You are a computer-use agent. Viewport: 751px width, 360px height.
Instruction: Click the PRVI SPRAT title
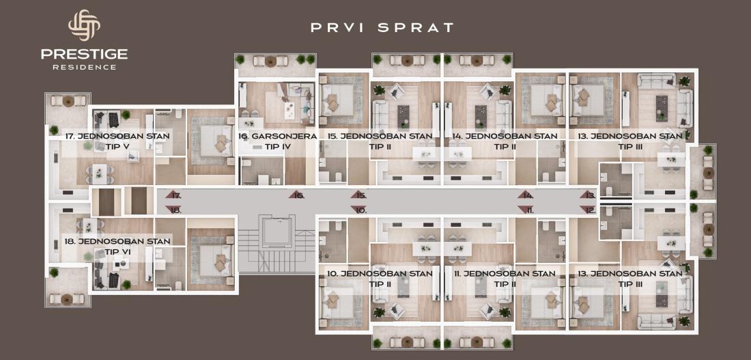(x=382, y=28)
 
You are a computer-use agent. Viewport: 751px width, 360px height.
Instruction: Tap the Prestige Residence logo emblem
(x=84, y=25)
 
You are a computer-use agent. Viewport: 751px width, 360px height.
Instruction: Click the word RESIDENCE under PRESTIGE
(x=84, y=67)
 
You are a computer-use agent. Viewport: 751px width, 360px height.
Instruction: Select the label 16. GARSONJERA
(x=277, y=136)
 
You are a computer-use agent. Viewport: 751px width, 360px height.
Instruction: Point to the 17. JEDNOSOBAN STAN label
(x=117, y=136)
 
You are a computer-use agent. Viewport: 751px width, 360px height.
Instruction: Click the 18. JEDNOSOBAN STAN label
(x=117, y=241)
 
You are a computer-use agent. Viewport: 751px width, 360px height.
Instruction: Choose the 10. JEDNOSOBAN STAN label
(x=380, y=274)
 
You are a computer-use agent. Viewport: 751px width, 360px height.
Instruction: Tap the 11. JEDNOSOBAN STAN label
(x=503, y=274)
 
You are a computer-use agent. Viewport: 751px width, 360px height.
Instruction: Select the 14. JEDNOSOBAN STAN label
(x=505, y=136)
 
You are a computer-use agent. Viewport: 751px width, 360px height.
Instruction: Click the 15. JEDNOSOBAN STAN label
(x=380, y=136)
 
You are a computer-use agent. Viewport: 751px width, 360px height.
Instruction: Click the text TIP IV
(x=277, y=147)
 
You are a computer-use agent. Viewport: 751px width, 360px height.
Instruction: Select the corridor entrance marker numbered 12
(x=588, y=210)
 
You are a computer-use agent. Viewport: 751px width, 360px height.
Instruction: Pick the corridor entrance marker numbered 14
(x=526, y=195)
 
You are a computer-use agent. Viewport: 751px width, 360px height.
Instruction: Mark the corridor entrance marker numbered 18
(x=173, y=210)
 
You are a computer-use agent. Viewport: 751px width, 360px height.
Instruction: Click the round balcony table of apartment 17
(x=68, y=101)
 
